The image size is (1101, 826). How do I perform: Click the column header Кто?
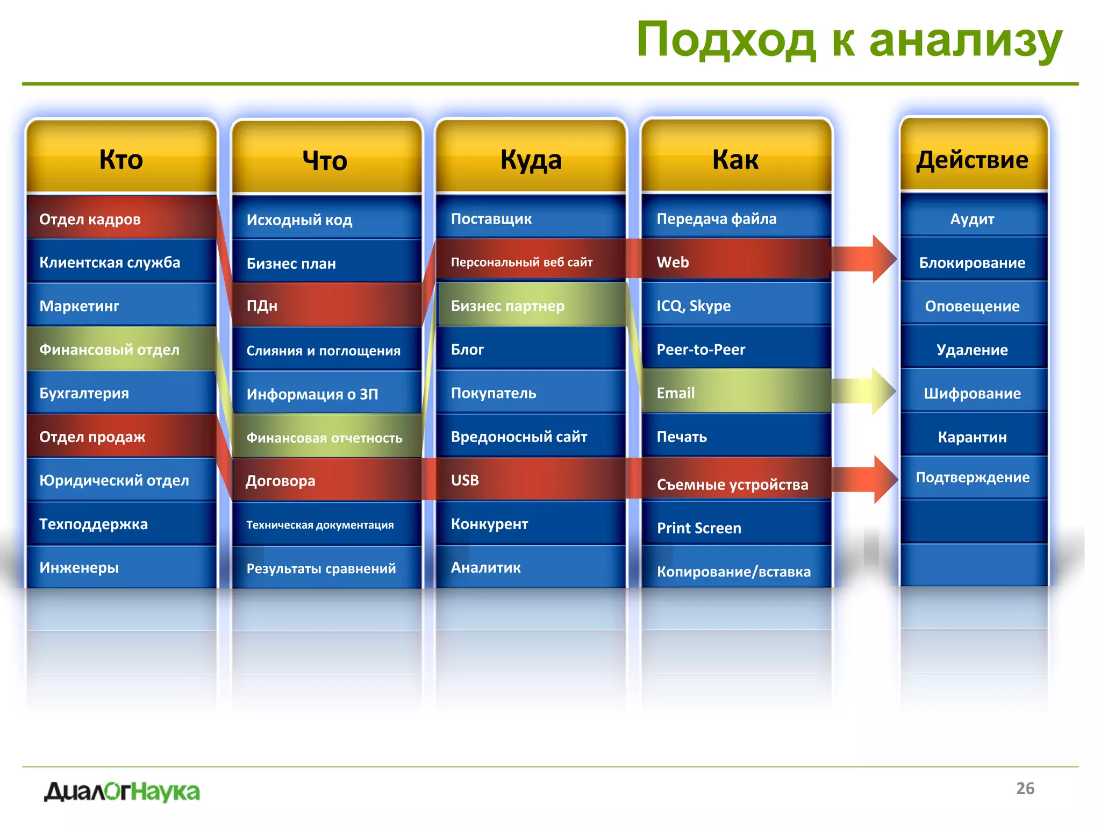[x=121, y=160]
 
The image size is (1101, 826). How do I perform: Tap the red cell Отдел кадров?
[x=121, y=219]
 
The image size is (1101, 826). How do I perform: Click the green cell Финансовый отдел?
[x=121, y=350]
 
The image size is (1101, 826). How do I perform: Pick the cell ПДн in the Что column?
[x=326, y=305]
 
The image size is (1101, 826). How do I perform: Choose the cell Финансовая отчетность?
[x=326, y=437]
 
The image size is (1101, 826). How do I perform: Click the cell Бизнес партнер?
[x=531, y=305]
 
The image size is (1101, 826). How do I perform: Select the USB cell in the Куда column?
[x=531, y=480]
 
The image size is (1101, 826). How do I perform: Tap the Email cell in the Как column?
[x=735, y=393]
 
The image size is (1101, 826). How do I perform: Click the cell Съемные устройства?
[x=735, y=483]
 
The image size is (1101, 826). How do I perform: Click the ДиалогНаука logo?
[x=122, y=792]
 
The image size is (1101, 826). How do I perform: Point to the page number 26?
[x=1025, y=788]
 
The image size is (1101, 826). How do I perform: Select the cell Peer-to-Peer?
[x=735, y=350]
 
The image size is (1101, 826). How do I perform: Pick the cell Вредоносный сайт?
[x=531, y=437]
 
